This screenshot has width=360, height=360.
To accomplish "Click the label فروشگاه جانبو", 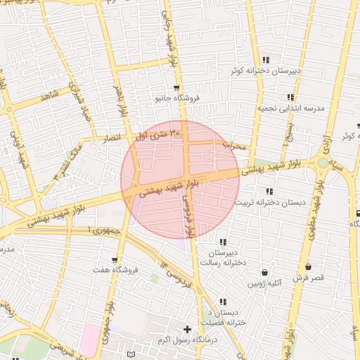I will [178, 99].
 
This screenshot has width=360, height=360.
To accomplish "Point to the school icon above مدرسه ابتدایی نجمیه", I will [290, 98].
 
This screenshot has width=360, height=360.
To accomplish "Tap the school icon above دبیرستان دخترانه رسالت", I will [224, 242].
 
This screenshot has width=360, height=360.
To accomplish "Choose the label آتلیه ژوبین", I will [264, 284].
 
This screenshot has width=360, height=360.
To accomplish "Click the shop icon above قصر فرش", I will [308, 267].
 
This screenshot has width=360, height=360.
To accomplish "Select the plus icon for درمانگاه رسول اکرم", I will [187, 329].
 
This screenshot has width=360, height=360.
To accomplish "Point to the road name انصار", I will [117, 138].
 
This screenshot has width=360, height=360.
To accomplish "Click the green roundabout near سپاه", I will [323, 163].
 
